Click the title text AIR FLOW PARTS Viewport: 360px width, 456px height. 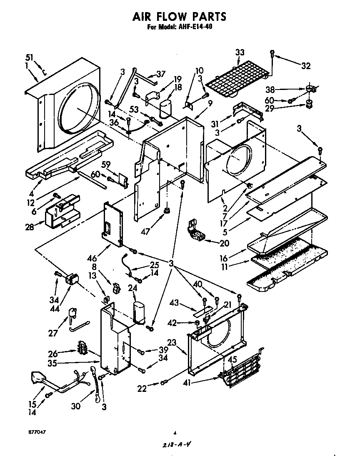coord(180,16)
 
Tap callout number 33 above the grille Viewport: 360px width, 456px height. coord(240,52)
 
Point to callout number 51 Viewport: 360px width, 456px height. coord(29,58)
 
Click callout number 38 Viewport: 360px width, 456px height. coord(270,89)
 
